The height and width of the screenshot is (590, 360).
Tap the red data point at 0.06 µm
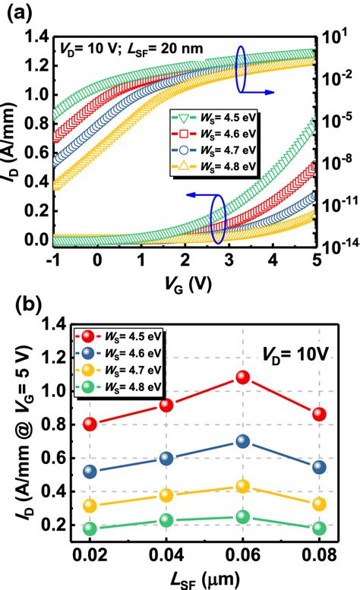click(243, 377)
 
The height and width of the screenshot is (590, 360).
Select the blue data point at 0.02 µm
click(90, 472)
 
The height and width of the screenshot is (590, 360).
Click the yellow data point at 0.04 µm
click(166, 495)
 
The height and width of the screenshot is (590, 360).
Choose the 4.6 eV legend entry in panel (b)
click(122, 352)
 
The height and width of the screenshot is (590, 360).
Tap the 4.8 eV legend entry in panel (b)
click(122, 386)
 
